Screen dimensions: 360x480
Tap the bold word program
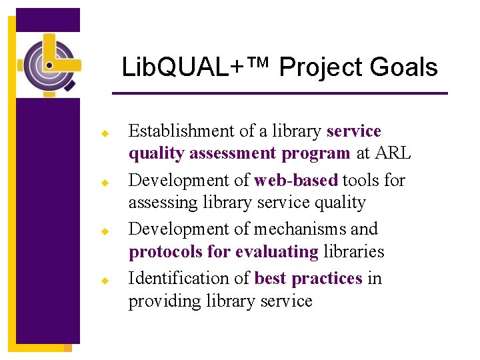coord(316,153)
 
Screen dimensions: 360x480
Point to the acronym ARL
coord(392,153)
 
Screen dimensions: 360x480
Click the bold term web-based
coord(296,180)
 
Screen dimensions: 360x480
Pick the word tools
coord(361,180)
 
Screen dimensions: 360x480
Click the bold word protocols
coord(165,252)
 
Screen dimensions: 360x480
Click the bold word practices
coord(327,278)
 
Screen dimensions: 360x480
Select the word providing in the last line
coord(162,301)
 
